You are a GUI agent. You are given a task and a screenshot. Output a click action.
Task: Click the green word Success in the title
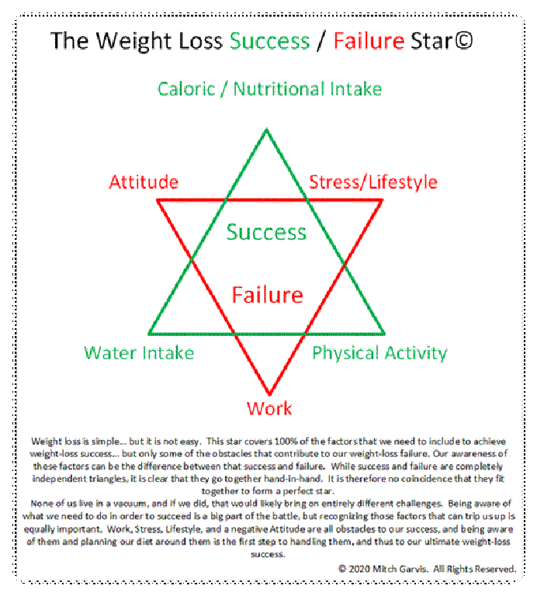click(x=270, y=40)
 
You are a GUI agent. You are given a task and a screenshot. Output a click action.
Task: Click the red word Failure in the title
click(x=369, y=40)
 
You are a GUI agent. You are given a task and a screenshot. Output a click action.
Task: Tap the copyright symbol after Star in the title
click(x=463, y=40)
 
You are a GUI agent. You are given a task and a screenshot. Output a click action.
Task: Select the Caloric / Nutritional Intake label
click(x=269, y=89)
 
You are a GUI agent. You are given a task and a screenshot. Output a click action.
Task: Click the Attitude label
click(x=144, y=182)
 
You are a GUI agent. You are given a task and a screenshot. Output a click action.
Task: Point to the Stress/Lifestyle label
click(x=373, y=182)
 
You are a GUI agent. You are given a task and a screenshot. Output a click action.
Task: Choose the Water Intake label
click(x=139, y=353)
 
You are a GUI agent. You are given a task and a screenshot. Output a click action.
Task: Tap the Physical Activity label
click(x=379, y=354)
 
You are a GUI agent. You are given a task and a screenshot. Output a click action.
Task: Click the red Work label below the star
click(x=269, y=409)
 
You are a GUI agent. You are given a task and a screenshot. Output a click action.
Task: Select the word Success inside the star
click(x=266, y=232)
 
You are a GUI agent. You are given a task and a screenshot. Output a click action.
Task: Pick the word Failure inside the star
click(x=268, y=295)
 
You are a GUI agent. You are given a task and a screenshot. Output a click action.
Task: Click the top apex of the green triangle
click(x=267, y=130)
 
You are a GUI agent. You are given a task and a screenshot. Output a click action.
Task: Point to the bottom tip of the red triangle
click(x=269, y=394)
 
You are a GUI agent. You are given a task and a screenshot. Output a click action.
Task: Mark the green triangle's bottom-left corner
click(x=148, y=334)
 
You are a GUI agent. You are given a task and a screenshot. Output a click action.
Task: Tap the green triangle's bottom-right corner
click(x=384, y=334)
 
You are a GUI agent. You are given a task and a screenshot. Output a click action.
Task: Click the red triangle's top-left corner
click(x=158, y=200)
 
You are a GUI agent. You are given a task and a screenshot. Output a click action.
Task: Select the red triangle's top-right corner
click(x=382, y=200)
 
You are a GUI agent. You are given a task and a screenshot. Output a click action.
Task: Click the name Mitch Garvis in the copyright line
click(x=400, y=569)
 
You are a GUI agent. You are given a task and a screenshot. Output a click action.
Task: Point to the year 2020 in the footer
click(x=359, y=569)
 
